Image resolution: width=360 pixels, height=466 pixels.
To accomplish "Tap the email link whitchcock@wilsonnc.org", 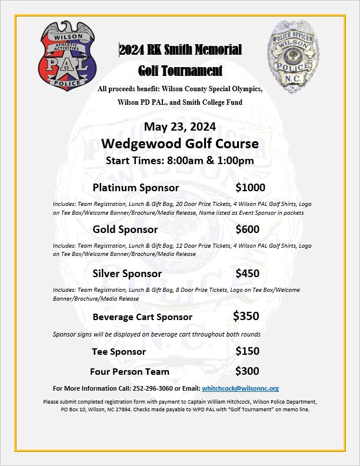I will pos(240,388).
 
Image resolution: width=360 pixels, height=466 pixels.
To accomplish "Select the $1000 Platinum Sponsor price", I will pos(250,188).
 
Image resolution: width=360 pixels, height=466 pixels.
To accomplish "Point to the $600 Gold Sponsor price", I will pos(247,229).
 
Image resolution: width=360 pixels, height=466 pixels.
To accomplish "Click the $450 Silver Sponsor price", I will pos(247,273).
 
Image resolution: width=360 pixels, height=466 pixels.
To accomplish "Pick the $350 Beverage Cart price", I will pos(246,316).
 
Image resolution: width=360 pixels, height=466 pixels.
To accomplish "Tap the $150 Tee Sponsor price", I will pos(247,351).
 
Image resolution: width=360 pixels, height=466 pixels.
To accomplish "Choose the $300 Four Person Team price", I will pos(247,371).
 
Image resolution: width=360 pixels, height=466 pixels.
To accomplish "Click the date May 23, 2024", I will pos(180,127).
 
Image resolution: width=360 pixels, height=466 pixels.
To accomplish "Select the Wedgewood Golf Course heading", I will pos(180,144).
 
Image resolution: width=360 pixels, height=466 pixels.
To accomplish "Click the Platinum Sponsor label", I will pos(136,188).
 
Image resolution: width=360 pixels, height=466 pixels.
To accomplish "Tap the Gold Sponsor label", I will pos(125,229).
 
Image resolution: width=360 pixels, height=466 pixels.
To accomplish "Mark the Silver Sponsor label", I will pos(127,274).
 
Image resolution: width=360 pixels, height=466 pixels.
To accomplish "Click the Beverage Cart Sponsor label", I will pos(142,317).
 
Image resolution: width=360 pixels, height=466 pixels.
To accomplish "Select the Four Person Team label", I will pos(129,372).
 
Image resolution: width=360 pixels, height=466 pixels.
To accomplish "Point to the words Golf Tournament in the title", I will pos(180,71).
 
